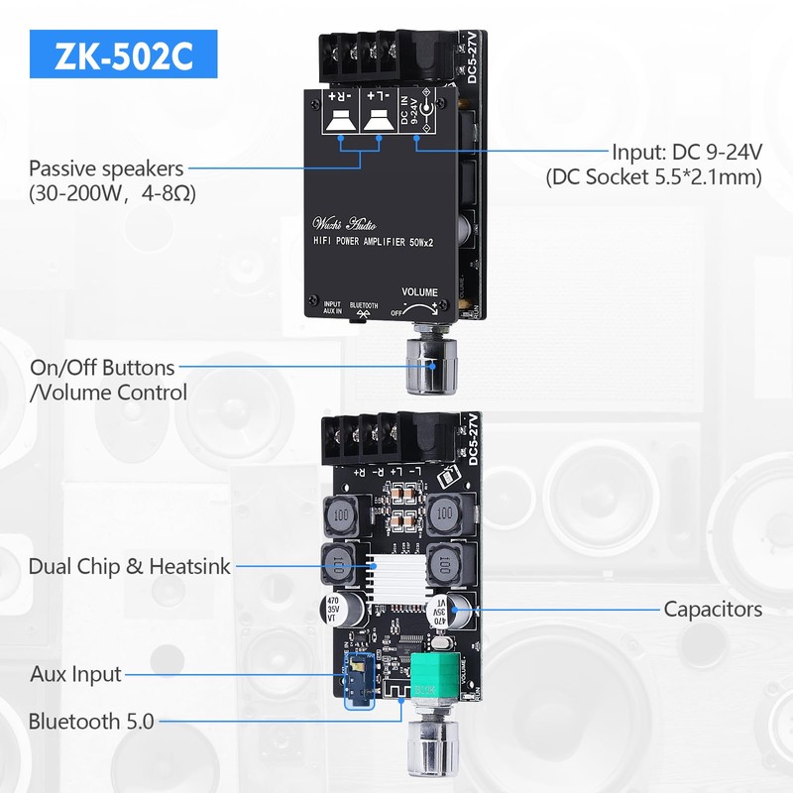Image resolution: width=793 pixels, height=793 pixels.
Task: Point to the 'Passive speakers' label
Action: pyautogui.click(x=106, y=168)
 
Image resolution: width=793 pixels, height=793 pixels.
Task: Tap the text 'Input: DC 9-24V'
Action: pyautogui.click(x=686, y=153)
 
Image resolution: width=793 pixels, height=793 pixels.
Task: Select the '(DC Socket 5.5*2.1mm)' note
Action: pyautogui.click(x=654, y=178)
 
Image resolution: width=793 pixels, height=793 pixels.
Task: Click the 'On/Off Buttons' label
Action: pyautogui.click(x=103, y=369)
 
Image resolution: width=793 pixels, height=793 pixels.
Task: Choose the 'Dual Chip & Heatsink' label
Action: pyautogui.click(x=130, y=567)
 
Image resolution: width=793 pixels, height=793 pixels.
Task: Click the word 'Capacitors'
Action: pyautogui.click(x=713, y=609)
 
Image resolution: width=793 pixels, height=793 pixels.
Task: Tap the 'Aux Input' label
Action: pyautogui.click(x=76, y=674)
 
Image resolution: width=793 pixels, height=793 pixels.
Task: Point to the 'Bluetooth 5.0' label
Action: pyautogui.click(x=91, y=722)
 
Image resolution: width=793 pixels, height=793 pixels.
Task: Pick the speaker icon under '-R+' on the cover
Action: pyautogui.click(x=341, y=120)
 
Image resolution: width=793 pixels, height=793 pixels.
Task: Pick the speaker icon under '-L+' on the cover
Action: pyautogui.click(x=377, y=120)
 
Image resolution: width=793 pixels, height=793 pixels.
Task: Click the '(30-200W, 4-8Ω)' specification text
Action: pyautogui.click(x=112, y=192)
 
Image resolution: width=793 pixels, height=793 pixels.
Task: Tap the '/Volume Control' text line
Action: pyautogui.click(x=109, y=393)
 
